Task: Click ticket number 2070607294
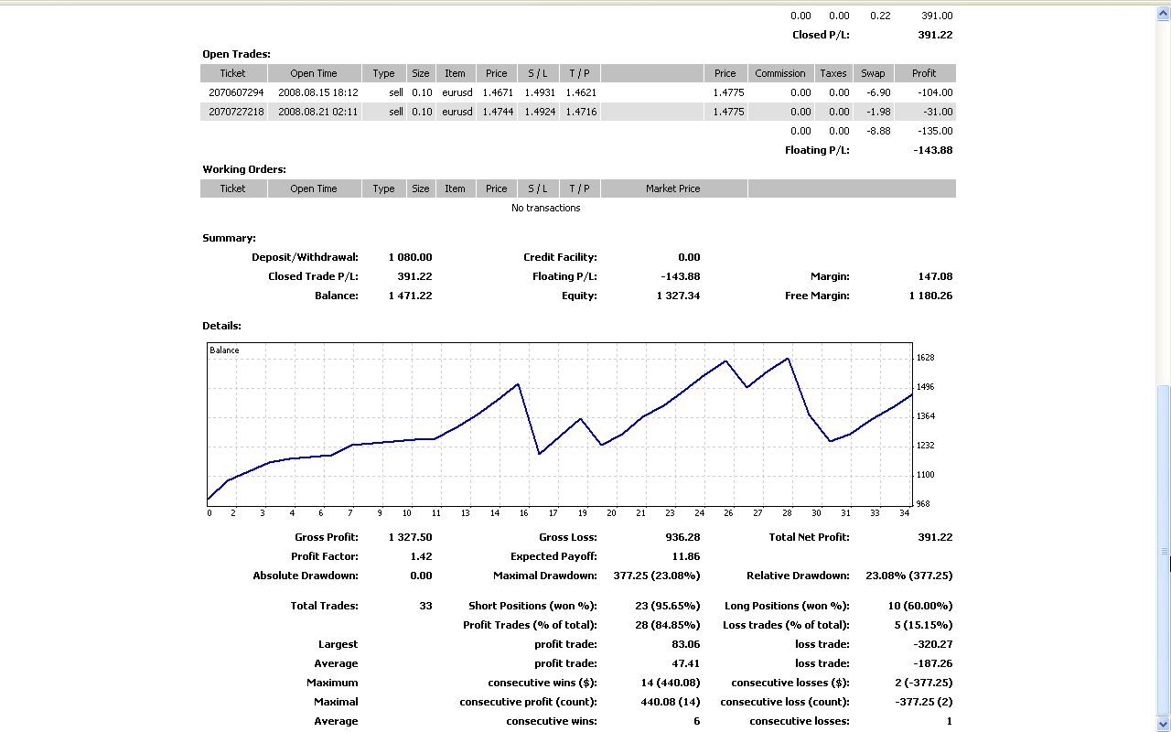tap(236, 92)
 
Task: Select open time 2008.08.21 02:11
tap(318, 112)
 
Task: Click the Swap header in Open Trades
tap(873, 73)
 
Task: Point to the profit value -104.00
tap(934, 92)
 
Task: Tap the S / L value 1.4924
tap(538, 112)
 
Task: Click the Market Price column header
tap(672, 188)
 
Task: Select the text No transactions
tap(545, 208)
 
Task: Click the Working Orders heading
tap(244, 169)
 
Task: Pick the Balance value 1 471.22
tap(410, 296)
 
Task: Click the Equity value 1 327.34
tap(678, 296)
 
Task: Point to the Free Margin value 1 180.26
tap(930, 296)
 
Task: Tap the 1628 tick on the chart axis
tap(925, 358)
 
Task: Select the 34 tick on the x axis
tap(905, 513)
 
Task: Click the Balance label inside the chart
tap(224, 350)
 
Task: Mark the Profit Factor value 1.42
tap(422, 556)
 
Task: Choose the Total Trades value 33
tap(425, 606)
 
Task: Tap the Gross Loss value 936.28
tap(682, 537)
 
